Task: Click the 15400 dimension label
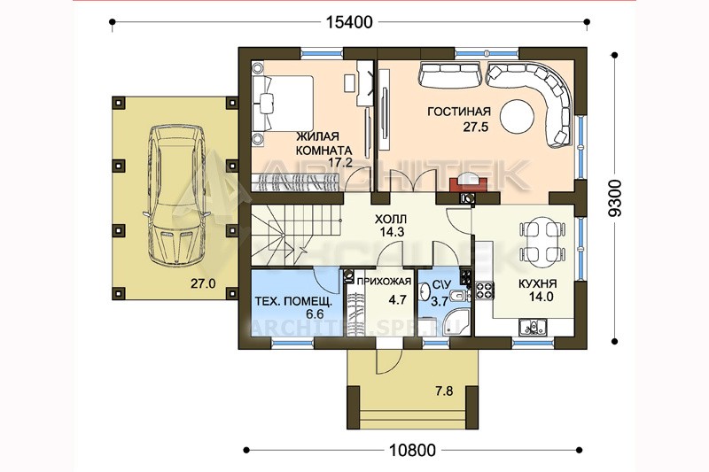pos(349,22)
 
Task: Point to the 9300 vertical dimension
pos(615,197)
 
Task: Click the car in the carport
pos(176,195)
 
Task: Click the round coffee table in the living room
pos(517,116)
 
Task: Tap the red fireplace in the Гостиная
pos(468,183)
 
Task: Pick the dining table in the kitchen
pos(541,239)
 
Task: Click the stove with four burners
pos(484,290)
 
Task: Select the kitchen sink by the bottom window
pos(533,326)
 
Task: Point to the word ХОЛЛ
pos(391,220)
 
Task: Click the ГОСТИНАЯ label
pos(459,111)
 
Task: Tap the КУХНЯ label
pos(537,283)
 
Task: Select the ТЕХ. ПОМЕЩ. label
pos(293,301)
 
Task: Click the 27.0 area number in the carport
pos(203,283)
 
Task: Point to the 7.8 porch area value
pos(444,391)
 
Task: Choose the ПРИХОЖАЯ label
pos(384,282)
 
